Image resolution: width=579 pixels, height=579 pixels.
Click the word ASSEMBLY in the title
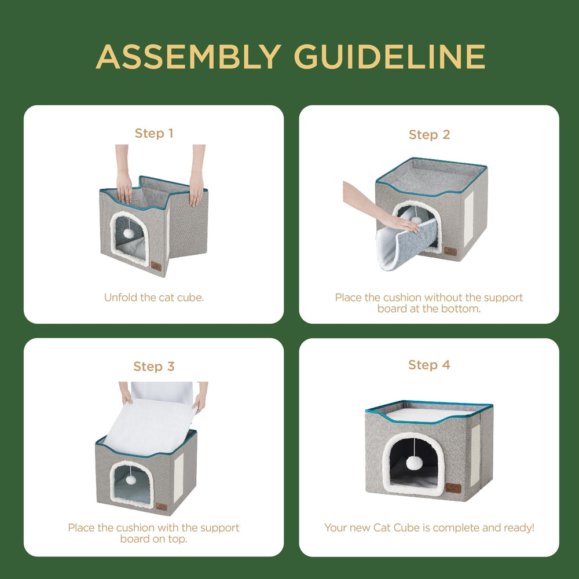pos(188,57)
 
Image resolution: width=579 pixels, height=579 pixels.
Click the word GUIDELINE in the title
pos(390,57)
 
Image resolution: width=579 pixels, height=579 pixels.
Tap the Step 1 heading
pos(154,133)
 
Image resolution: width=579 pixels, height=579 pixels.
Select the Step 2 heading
pos(429,134)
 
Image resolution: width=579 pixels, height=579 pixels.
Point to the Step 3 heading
pos(154,367)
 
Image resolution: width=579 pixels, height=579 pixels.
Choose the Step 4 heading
pos(429,365)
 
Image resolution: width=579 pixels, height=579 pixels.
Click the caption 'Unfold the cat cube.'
pos(154,298)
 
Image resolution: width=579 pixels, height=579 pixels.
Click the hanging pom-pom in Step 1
pos(129,232)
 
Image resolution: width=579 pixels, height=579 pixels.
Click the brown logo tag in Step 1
pos(156,266)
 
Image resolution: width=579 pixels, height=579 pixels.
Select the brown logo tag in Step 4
pos(452,488)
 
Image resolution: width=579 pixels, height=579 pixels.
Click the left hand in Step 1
pos(124,187)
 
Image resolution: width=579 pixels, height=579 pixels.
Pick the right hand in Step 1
pos(196,189)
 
